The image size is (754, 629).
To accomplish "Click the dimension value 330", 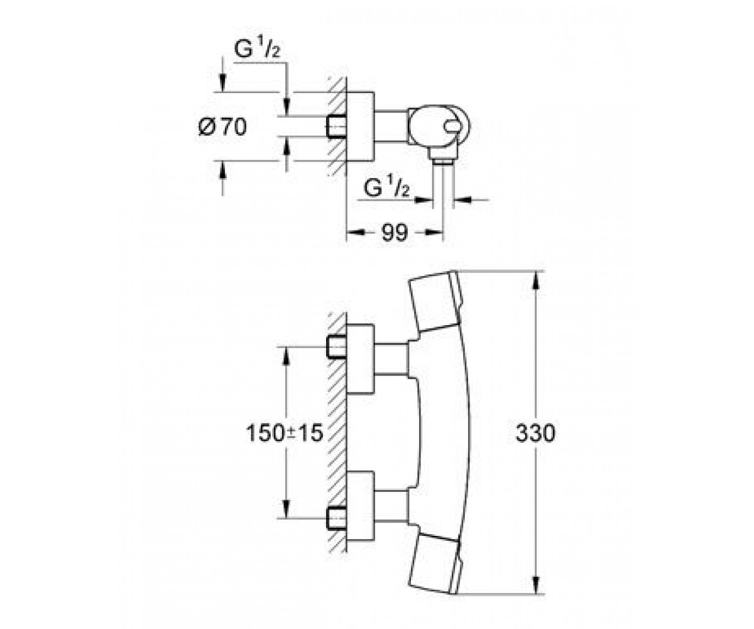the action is pos(535,433).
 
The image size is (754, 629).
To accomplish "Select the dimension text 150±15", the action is pos(284,433).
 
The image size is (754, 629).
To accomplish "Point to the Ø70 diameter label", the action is pos(223,127).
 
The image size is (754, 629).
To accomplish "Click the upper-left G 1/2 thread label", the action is pos(257,49).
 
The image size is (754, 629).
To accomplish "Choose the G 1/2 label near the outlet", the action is pos(386,186).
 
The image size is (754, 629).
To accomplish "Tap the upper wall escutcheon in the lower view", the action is pos(360,359).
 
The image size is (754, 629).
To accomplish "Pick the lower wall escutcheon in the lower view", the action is pos(360,506).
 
